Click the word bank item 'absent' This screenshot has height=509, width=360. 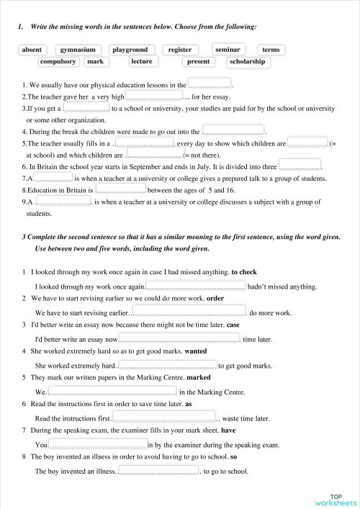click(x=32, y=50)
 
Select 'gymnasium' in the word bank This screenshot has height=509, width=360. click(x=78, y=50)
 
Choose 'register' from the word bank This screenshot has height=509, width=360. click(x=180, y=50)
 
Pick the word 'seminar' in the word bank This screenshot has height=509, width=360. click(x=228, y=50)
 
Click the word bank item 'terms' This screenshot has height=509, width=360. click(x=271, y=50)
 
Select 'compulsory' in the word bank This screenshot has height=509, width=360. click(x=58, y=62)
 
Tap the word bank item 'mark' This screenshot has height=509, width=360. click(x=95, y=62)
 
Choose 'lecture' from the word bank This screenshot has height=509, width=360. click(x=142, y=62)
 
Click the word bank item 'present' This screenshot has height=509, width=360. click(x=198, y=62)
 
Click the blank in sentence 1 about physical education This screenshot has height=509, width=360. click(x=210, y=84)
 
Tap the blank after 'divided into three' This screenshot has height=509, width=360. click(x=300, y=165)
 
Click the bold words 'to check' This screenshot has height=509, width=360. click(x=244, y=273)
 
